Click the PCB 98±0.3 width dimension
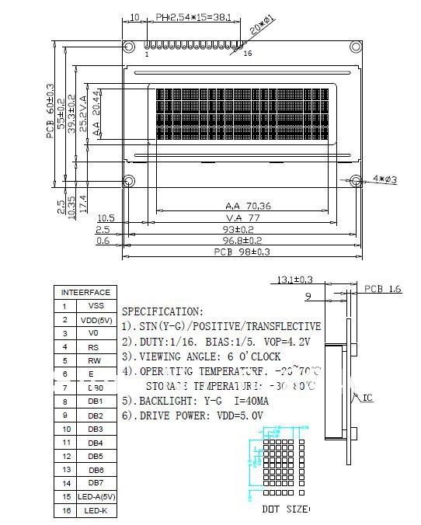click(x=241, y=252)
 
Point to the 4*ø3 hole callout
click(x=385, y=179)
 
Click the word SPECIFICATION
click(x=162, y=311)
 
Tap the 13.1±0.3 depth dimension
click(x=294, y=280)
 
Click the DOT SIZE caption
click(x=284, y=509)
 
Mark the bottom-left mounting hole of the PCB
click(x=130, y=181)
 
